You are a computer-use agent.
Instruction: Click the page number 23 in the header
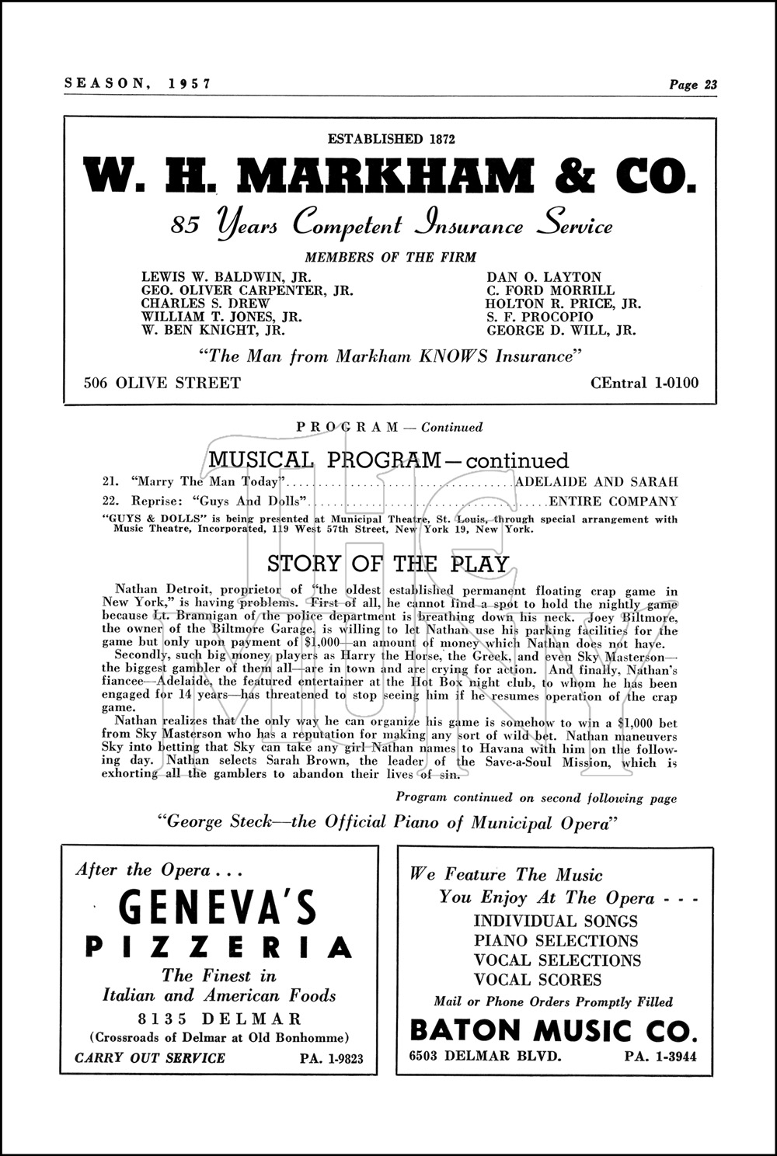pos(710,85)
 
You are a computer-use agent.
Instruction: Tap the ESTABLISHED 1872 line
pos(391,139)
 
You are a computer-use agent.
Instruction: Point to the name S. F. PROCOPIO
pos(539,317)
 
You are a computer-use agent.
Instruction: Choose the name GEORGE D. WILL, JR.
pos(561,330)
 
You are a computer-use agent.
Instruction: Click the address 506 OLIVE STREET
pos(162,383)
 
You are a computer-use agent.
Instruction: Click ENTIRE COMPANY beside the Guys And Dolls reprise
pos(613,502)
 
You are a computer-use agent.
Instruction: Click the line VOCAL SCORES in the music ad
pos(538,980)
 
